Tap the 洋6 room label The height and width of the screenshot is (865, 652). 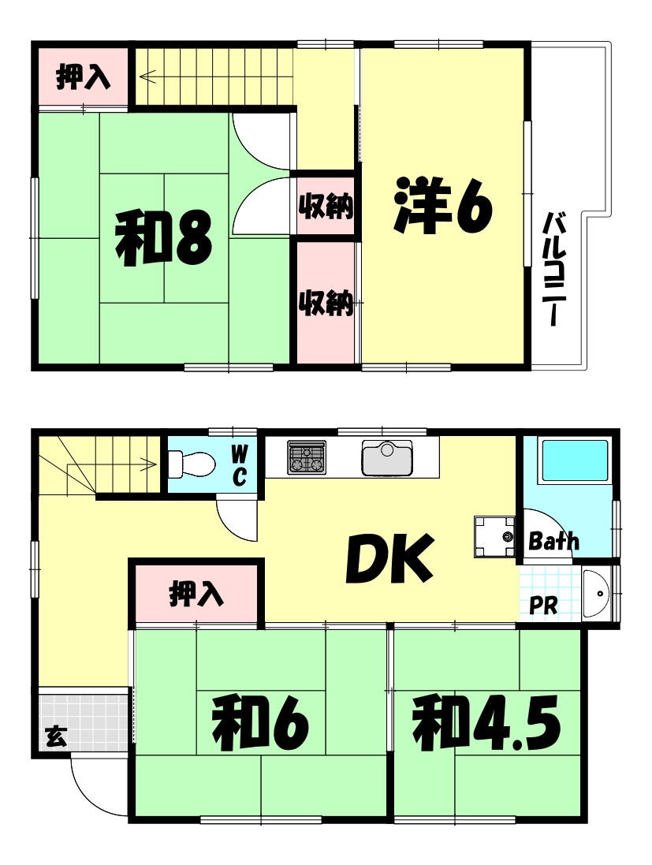[x=443, y=206]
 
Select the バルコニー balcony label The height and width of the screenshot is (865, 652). [x=557, y=269]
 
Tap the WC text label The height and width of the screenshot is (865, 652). [x=240, y=464]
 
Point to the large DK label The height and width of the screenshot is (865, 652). [x=389, y=558]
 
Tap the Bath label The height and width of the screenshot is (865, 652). [x=553, y=542]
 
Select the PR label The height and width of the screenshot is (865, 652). [x=543, y=606]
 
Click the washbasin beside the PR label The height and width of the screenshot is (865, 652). [x=594, y=594]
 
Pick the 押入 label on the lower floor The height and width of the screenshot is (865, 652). [x=197, y=594]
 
